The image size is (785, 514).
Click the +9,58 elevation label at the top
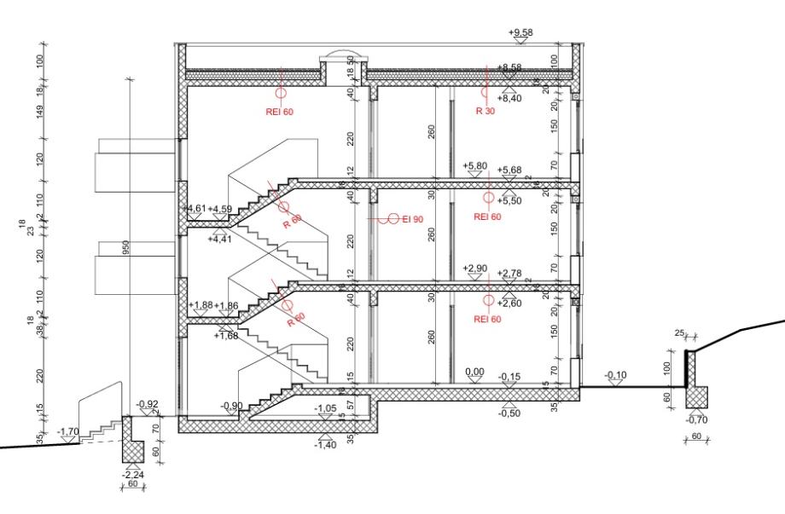click(520, 32)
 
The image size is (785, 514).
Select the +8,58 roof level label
click(509, 67)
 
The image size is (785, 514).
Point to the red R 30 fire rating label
click(486, 111)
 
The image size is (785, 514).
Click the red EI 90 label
click(413, 220)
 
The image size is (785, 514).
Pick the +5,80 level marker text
click(474, 165)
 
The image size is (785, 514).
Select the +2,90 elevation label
click(474, 269)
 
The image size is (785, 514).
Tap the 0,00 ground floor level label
click(474, 373)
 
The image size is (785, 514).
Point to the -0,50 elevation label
click(509, 413)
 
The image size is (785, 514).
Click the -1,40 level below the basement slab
click(325, 445)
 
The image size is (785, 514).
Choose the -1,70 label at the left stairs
click(68, 433)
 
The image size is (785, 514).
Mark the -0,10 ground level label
click(615, 375)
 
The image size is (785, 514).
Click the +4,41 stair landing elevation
click(219, 240)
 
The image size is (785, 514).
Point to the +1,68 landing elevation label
click(227, 336)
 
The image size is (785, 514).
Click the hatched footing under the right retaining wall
click(695, 397)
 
